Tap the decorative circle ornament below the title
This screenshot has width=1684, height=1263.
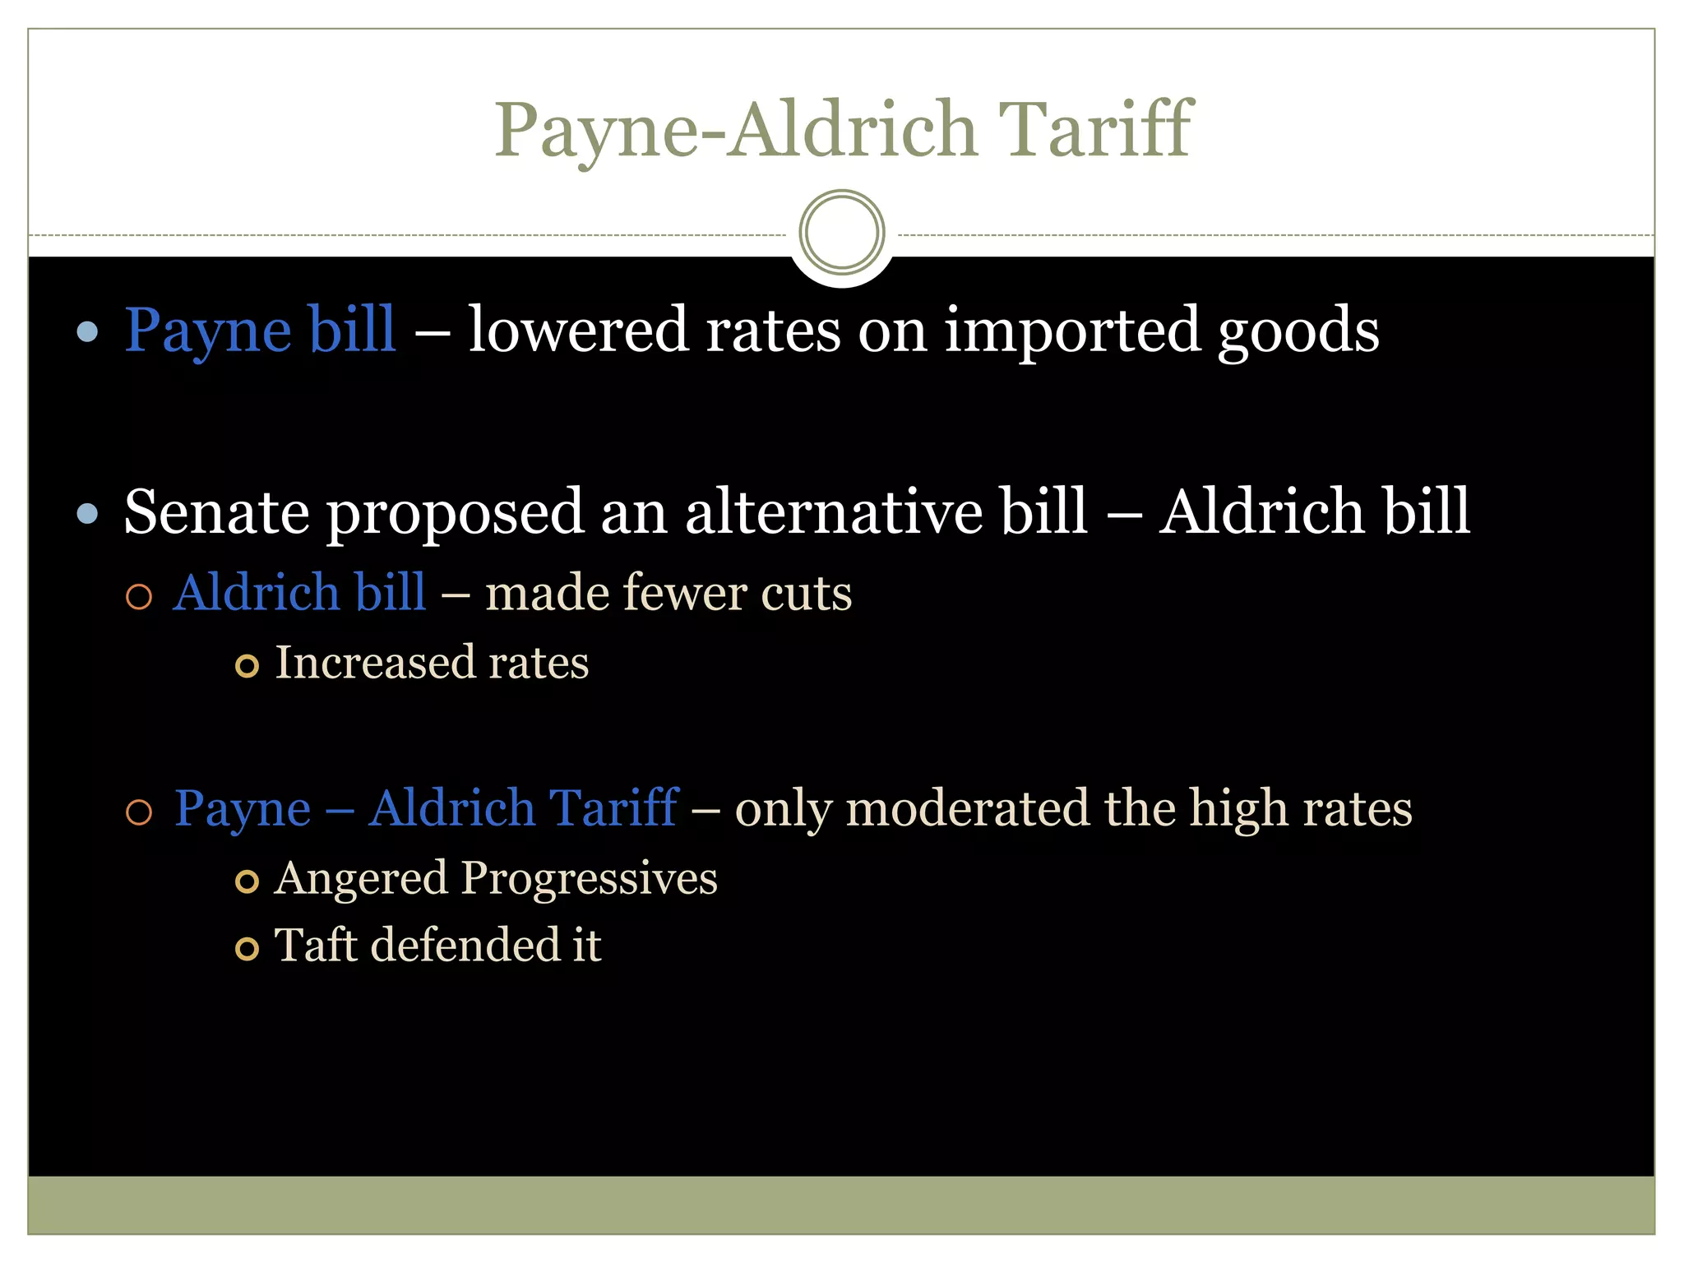pyautogui.click(x=841, y=232)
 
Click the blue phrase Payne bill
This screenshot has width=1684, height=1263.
pyautogui.click(x=260, y=330)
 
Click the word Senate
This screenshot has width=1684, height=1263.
pyautogui.click(x=217, y=511)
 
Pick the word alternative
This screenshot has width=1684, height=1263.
pyautogui.click(x=834, y=511)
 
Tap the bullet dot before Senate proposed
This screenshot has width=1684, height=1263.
pyautogui.click(x=87, y=514)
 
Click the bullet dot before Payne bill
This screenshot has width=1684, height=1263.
pyautogui.click(x=87, y=332)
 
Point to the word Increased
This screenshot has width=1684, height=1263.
pyautogui.click(x=374, y=663)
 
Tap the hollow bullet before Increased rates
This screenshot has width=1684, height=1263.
pyautogui.click(x=247, y=665)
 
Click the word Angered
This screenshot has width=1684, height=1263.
pyautogui.click(x=362, y=879)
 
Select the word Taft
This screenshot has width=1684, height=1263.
pyautogui.click(x=315, y=945)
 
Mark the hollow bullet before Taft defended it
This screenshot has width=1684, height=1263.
pyautogui.click(x=247, y=949)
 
